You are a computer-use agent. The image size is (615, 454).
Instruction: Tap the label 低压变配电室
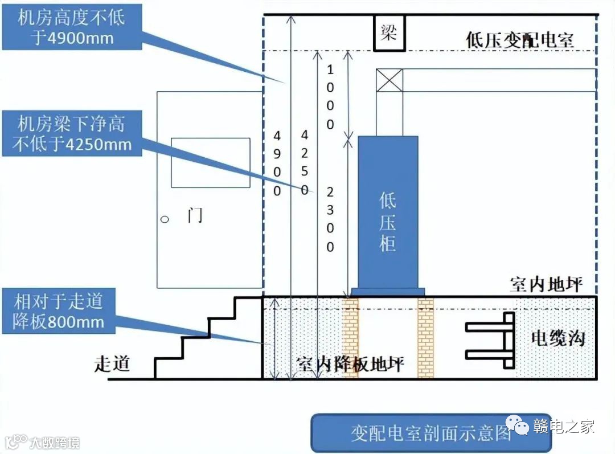519,40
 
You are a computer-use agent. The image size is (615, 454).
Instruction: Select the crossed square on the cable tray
389,80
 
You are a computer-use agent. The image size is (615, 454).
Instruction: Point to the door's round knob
165,219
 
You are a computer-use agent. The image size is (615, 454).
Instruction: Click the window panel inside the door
211,163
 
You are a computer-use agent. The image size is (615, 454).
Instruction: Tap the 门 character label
194,216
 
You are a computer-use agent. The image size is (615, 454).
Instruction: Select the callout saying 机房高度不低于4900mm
71,27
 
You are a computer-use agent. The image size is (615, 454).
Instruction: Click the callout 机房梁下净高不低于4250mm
72,133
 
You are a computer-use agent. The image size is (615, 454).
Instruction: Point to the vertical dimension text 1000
330,97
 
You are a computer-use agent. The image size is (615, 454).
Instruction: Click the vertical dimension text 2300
330,219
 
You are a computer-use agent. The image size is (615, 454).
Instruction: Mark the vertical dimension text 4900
277,163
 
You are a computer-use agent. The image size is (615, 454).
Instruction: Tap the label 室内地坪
546,285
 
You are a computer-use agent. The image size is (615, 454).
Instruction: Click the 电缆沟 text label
558,338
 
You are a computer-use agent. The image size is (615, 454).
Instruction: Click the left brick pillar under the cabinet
350,337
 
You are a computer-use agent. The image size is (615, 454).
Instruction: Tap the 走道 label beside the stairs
112,363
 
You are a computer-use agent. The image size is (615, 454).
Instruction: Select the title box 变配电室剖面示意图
431,433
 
